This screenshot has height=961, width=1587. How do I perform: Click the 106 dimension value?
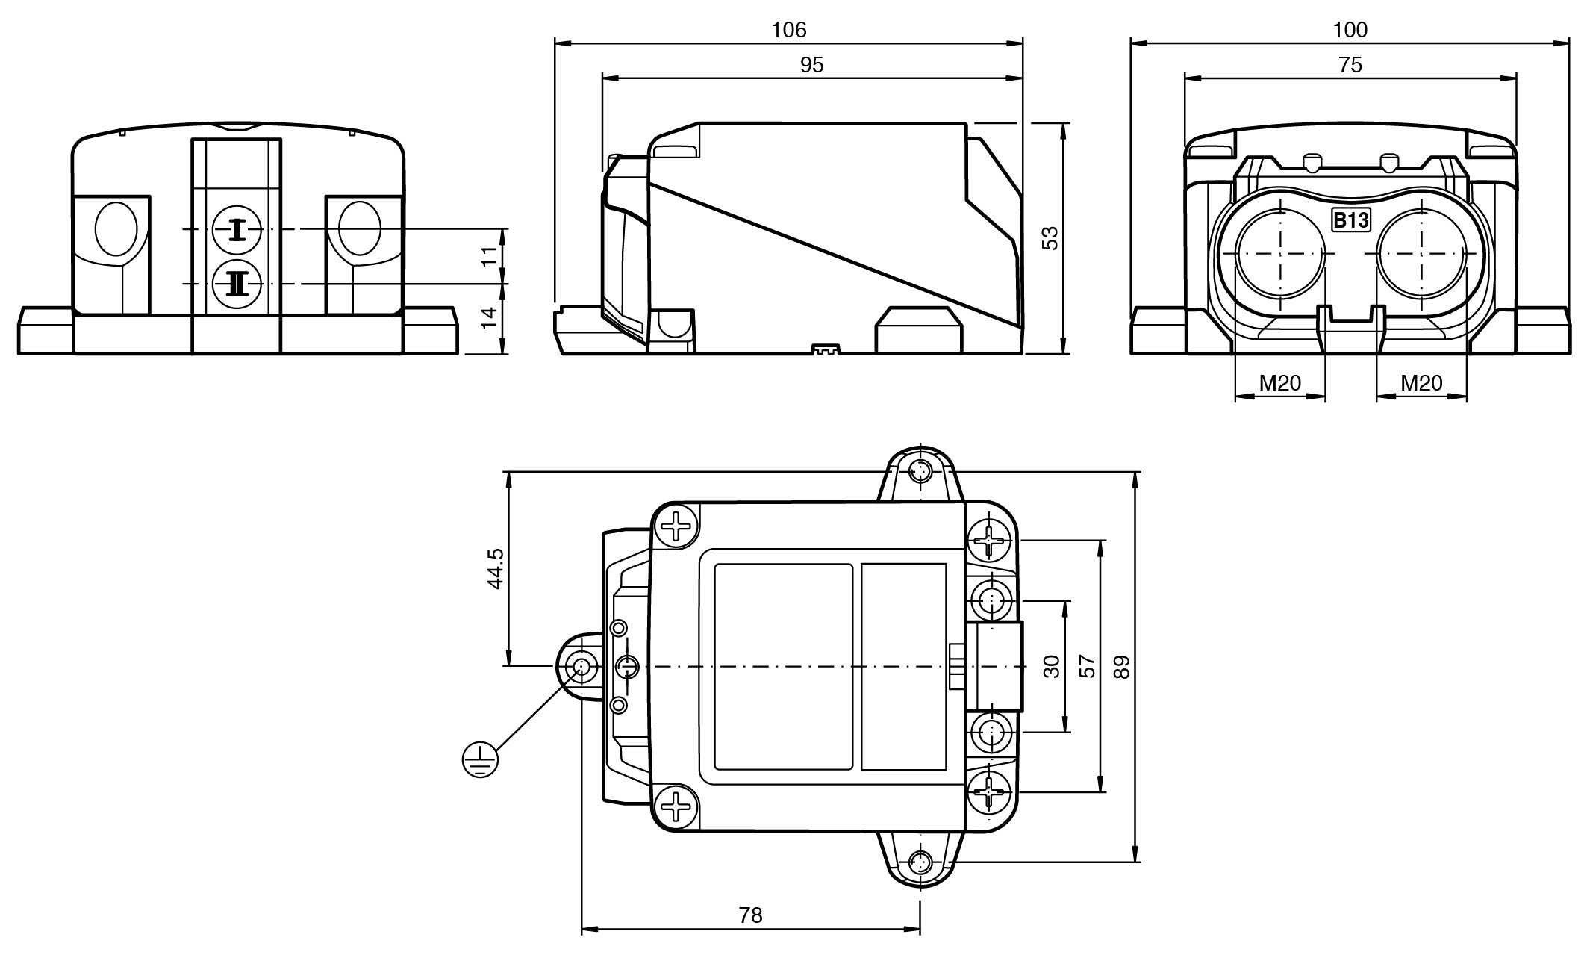click(789, 30)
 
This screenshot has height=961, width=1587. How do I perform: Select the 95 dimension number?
click(811, 66)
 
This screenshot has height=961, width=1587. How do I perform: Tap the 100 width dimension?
click(1350, 30)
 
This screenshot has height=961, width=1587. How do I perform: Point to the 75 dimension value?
click(1350, 66)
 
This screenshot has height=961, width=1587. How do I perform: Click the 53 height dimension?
click(1050, 238)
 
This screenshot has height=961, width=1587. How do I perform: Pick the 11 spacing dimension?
click(488, 256)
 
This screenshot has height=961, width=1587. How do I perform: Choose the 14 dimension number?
click(488, 318)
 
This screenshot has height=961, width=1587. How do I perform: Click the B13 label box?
click(1351, 220)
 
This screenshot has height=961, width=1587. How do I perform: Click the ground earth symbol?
click(479, 760)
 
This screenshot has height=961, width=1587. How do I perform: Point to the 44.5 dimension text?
click(495, 569)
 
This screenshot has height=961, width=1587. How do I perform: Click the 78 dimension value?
click(750, 915)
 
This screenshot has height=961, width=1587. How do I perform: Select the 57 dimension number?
click(1088, 666)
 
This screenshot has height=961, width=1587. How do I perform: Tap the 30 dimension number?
click(1052, 666)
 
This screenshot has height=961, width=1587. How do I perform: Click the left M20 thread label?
click(1279, 383)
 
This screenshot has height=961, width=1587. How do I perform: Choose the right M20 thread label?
click(1421, 383)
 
